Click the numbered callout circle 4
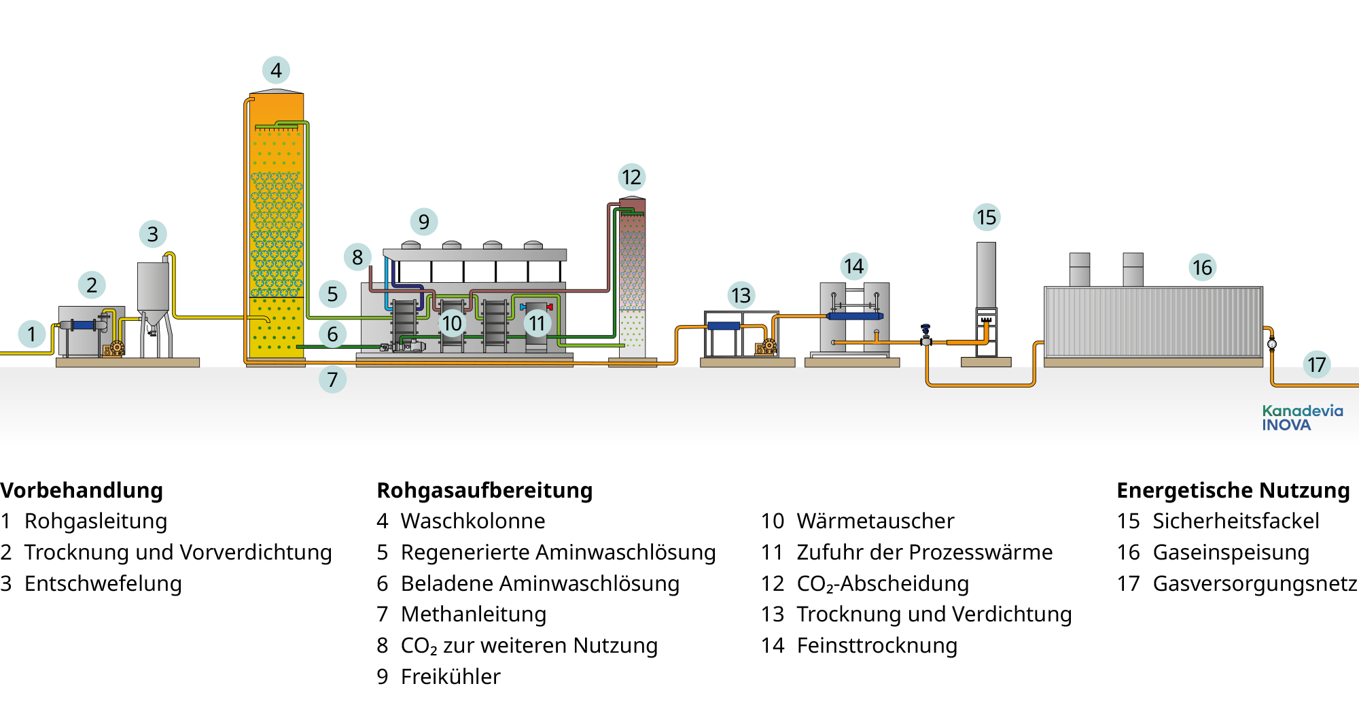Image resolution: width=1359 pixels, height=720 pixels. coord(276,70)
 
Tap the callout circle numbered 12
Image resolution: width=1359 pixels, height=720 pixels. coord(631,177)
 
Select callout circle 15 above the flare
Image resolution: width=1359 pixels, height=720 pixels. coord(986,218)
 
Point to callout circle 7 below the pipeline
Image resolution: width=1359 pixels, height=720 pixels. coord(332,379)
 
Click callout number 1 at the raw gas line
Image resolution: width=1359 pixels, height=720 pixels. coord(31,334)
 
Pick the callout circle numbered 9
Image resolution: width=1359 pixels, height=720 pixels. coord(423,222)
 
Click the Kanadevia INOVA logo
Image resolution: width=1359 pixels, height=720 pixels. coord(1302,417)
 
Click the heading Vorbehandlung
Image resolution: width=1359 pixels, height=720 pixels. coord(82,490)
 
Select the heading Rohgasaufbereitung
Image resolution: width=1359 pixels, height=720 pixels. coord(484,490)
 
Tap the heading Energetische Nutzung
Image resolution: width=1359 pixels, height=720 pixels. coord(1233,490)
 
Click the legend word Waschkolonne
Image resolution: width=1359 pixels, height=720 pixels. coord(473,521)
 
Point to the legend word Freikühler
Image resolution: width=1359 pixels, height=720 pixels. coord(451,676)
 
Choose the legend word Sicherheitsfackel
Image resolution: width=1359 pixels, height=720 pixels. coord(1235,521)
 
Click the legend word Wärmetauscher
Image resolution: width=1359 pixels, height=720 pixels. coord(875,521)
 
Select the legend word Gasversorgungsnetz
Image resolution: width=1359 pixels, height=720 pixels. coord(1254,583)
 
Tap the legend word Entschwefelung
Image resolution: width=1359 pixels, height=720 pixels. coord(103,583)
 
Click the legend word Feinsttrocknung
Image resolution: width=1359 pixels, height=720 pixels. coord(877,645)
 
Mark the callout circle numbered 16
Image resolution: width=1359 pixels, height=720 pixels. coord(1202,267)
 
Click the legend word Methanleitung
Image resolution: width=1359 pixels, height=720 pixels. coord(474,614)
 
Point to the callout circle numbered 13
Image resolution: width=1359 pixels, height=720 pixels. coord(741,295)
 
